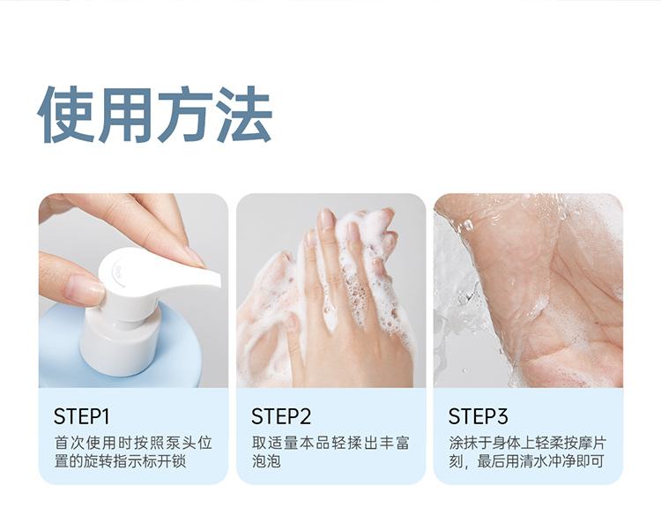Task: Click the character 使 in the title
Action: tap(65, 114)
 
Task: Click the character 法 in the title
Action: tap(243, 114)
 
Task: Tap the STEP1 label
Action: tap(81, 416)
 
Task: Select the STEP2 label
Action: tap(281, 416)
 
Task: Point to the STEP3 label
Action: tap(478, 416)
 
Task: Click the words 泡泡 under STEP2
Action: tap(266, 461)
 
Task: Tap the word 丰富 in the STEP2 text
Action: tap(395, 444)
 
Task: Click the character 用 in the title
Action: tap(124, 114)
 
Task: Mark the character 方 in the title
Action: tap(184, 114)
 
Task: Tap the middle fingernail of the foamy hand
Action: tap(326, 220)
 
